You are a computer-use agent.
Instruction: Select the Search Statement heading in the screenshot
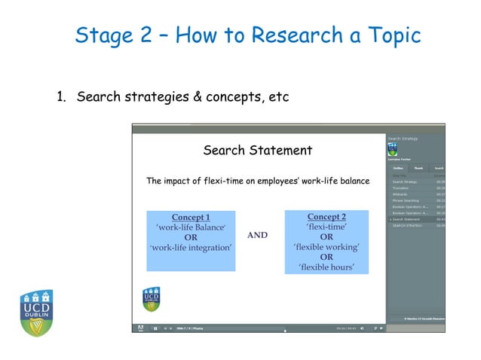click(257, 151)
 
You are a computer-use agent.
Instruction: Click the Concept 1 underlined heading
click(190, 217)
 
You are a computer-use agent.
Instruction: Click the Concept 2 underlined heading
click(326, 217)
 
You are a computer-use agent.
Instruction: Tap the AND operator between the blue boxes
click(257, 235)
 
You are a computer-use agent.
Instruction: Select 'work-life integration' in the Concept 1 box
click(190, 247)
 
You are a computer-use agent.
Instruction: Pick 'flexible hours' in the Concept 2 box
click(326, 267)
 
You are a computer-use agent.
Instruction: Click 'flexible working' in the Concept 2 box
click(326, 246)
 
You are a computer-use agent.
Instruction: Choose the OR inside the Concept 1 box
click(191, 236)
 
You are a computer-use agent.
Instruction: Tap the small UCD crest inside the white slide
click(152, 298)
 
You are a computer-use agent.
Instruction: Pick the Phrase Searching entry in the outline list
click(406, 200)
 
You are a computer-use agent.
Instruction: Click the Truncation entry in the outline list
click(400, 188)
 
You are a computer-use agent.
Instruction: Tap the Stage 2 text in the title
click(112, 35)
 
